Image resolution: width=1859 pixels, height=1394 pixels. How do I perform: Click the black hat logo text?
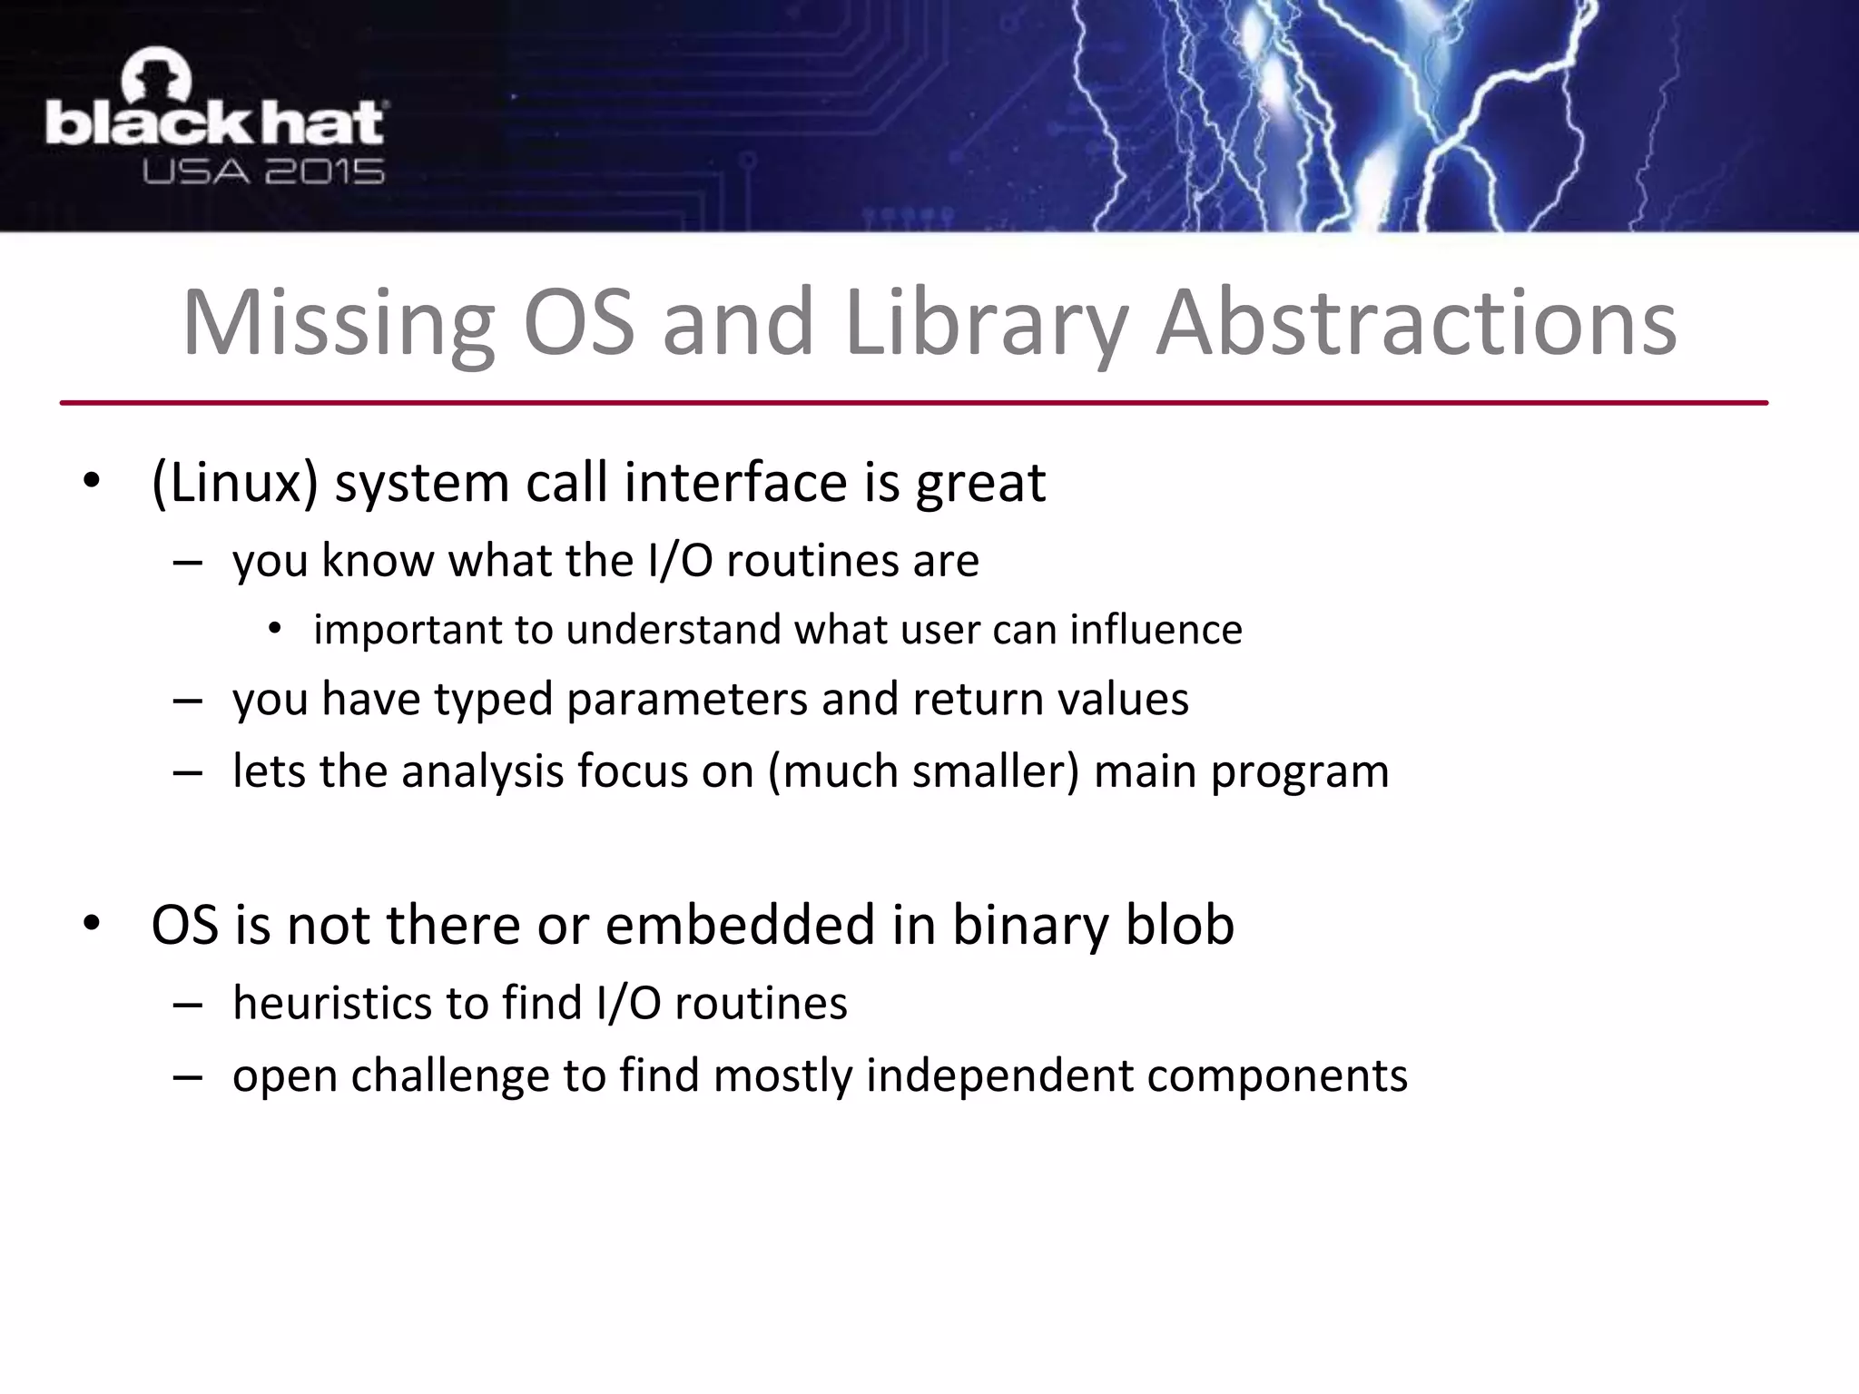point(216,124)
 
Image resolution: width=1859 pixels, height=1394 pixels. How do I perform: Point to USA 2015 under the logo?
point(263,172)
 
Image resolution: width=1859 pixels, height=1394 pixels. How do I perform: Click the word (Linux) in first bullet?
point(234,482)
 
